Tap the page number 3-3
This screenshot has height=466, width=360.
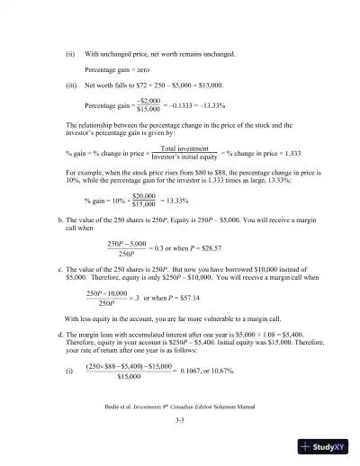pos(180,419)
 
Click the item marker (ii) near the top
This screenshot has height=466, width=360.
pos(71,54)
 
